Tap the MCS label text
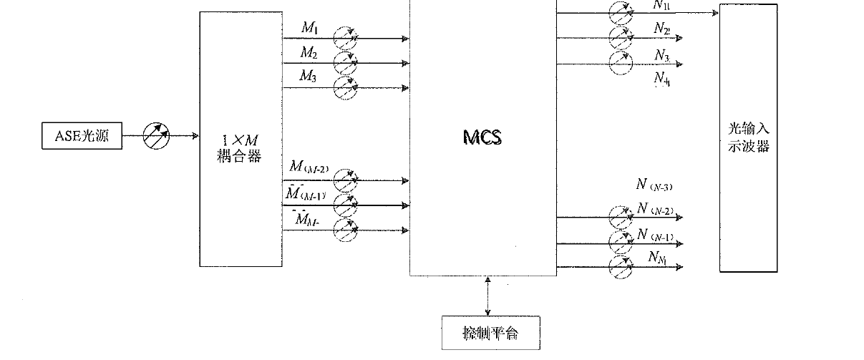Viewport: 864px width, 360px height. coord(482,137)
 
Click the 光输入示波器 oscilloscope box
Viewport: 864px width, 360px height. coord(747,137)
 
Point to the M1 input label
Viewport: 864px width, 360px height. coord(309,28)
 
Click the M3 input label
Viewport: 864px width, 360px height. coord(309,77)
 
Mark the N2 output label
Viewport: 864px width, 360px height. coord(661,29)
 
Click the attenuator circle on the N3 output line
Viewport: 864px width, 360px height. coord(621,63)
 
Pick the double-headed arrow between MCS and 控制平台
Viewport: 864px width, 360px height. coord(488,295)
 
